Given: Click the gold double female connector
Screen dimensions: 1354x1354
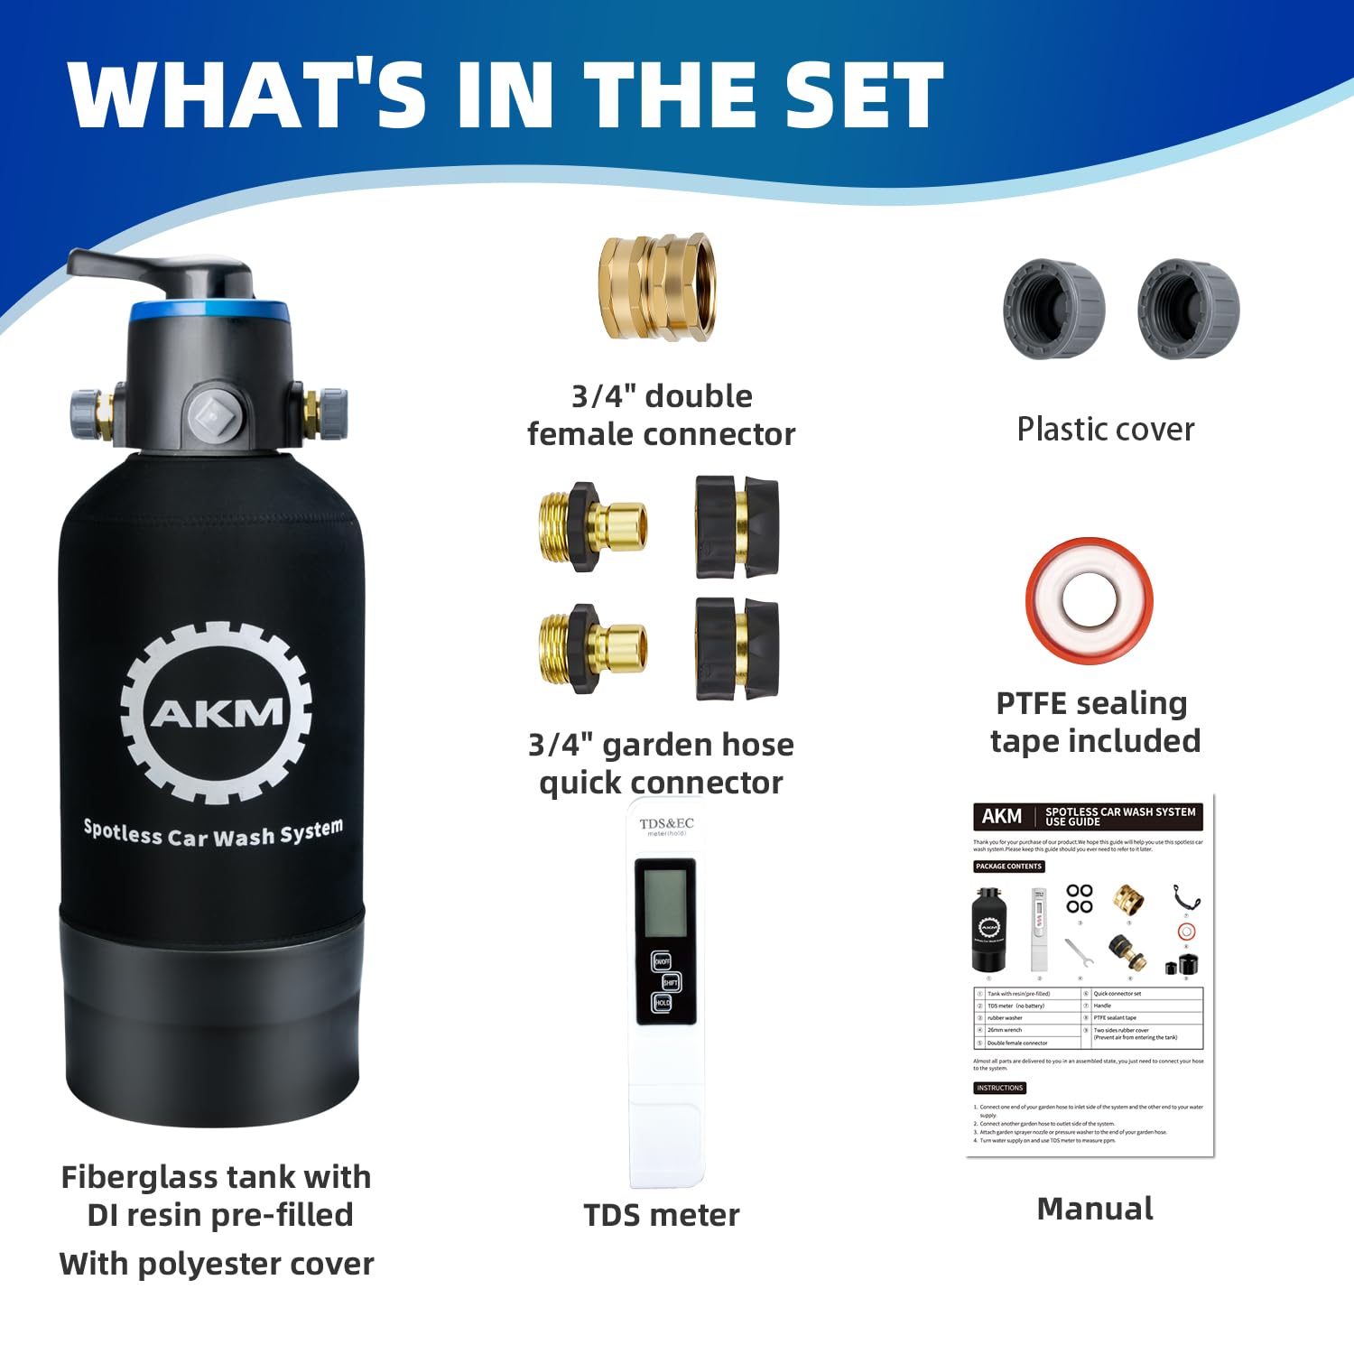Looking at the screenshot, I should click(657, 287).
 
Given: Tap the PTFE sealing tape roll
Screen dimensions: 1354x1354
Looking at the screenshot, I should click(1089, 599).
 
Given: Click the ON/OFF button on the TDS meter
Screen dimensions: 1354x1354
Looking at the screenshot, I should click(662, 962).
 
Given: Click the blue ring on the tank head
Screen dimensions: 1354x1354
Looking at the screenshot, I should click(209, 312).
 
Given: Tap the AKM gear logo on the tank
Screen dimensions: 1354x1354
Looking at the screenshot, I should click(216, 712).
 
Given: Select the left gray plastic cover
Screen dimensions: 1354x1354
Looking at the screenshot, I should click(1054, 309).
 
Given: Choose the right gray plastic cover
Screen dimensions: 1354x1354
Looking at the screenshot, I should click(1188, 309).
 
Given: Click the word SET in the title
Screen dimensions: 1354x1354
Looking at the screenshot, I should click(863, 96).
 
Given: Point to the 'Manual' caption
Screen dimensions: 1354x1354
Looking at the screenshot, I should click(1094, 1209).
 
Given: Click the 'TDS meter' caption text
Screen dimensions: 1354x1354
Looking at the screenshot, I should click(661, 1215).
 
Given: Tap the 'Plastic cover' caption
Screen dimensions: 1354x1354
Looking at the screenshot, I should click(1105, 429).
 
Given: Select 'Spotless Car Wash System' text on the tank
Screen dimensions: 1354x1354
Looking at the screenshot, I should click(214, 833).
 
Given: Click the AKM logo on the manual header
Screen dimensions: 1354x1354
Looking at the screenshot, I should click(1001, 816).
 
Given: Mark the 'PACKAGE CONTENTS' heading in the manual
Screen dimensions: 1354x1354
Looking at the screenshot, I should click(1008, 867).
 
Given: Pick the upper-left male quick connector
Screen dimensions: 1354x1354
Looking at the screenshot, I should click(591, 526).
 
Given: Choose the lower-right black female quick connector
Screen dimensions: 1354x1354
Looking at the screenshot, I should click(736, 649).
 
